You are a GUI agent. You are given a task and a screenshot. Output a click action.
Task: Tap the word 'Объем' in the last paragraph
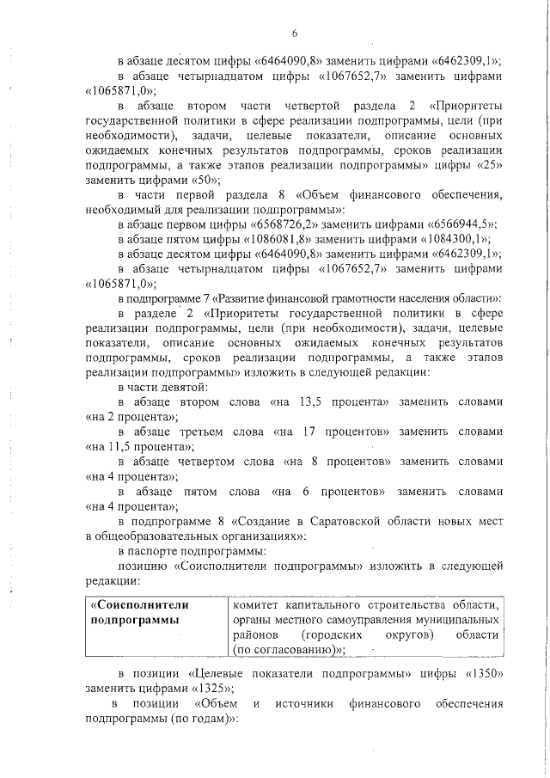[216, 704]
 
